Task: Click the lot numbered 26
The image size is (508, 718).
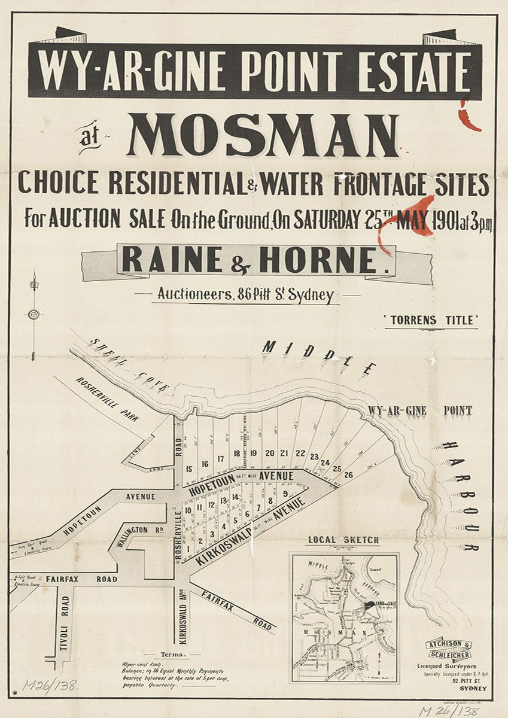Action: click(349, 475)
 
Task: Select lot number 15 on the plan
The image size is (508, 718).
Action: click(189, 469)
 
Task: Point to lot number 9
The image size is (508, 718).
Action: click(285, 494)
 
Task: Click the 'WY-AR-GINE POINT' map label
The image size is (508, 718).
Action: click(420, 411)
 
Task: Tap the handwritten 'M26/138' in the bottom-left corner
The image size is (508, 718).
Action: click(50, 684)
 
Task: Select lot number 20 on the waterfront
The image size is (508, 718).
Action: click(269, 453)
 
